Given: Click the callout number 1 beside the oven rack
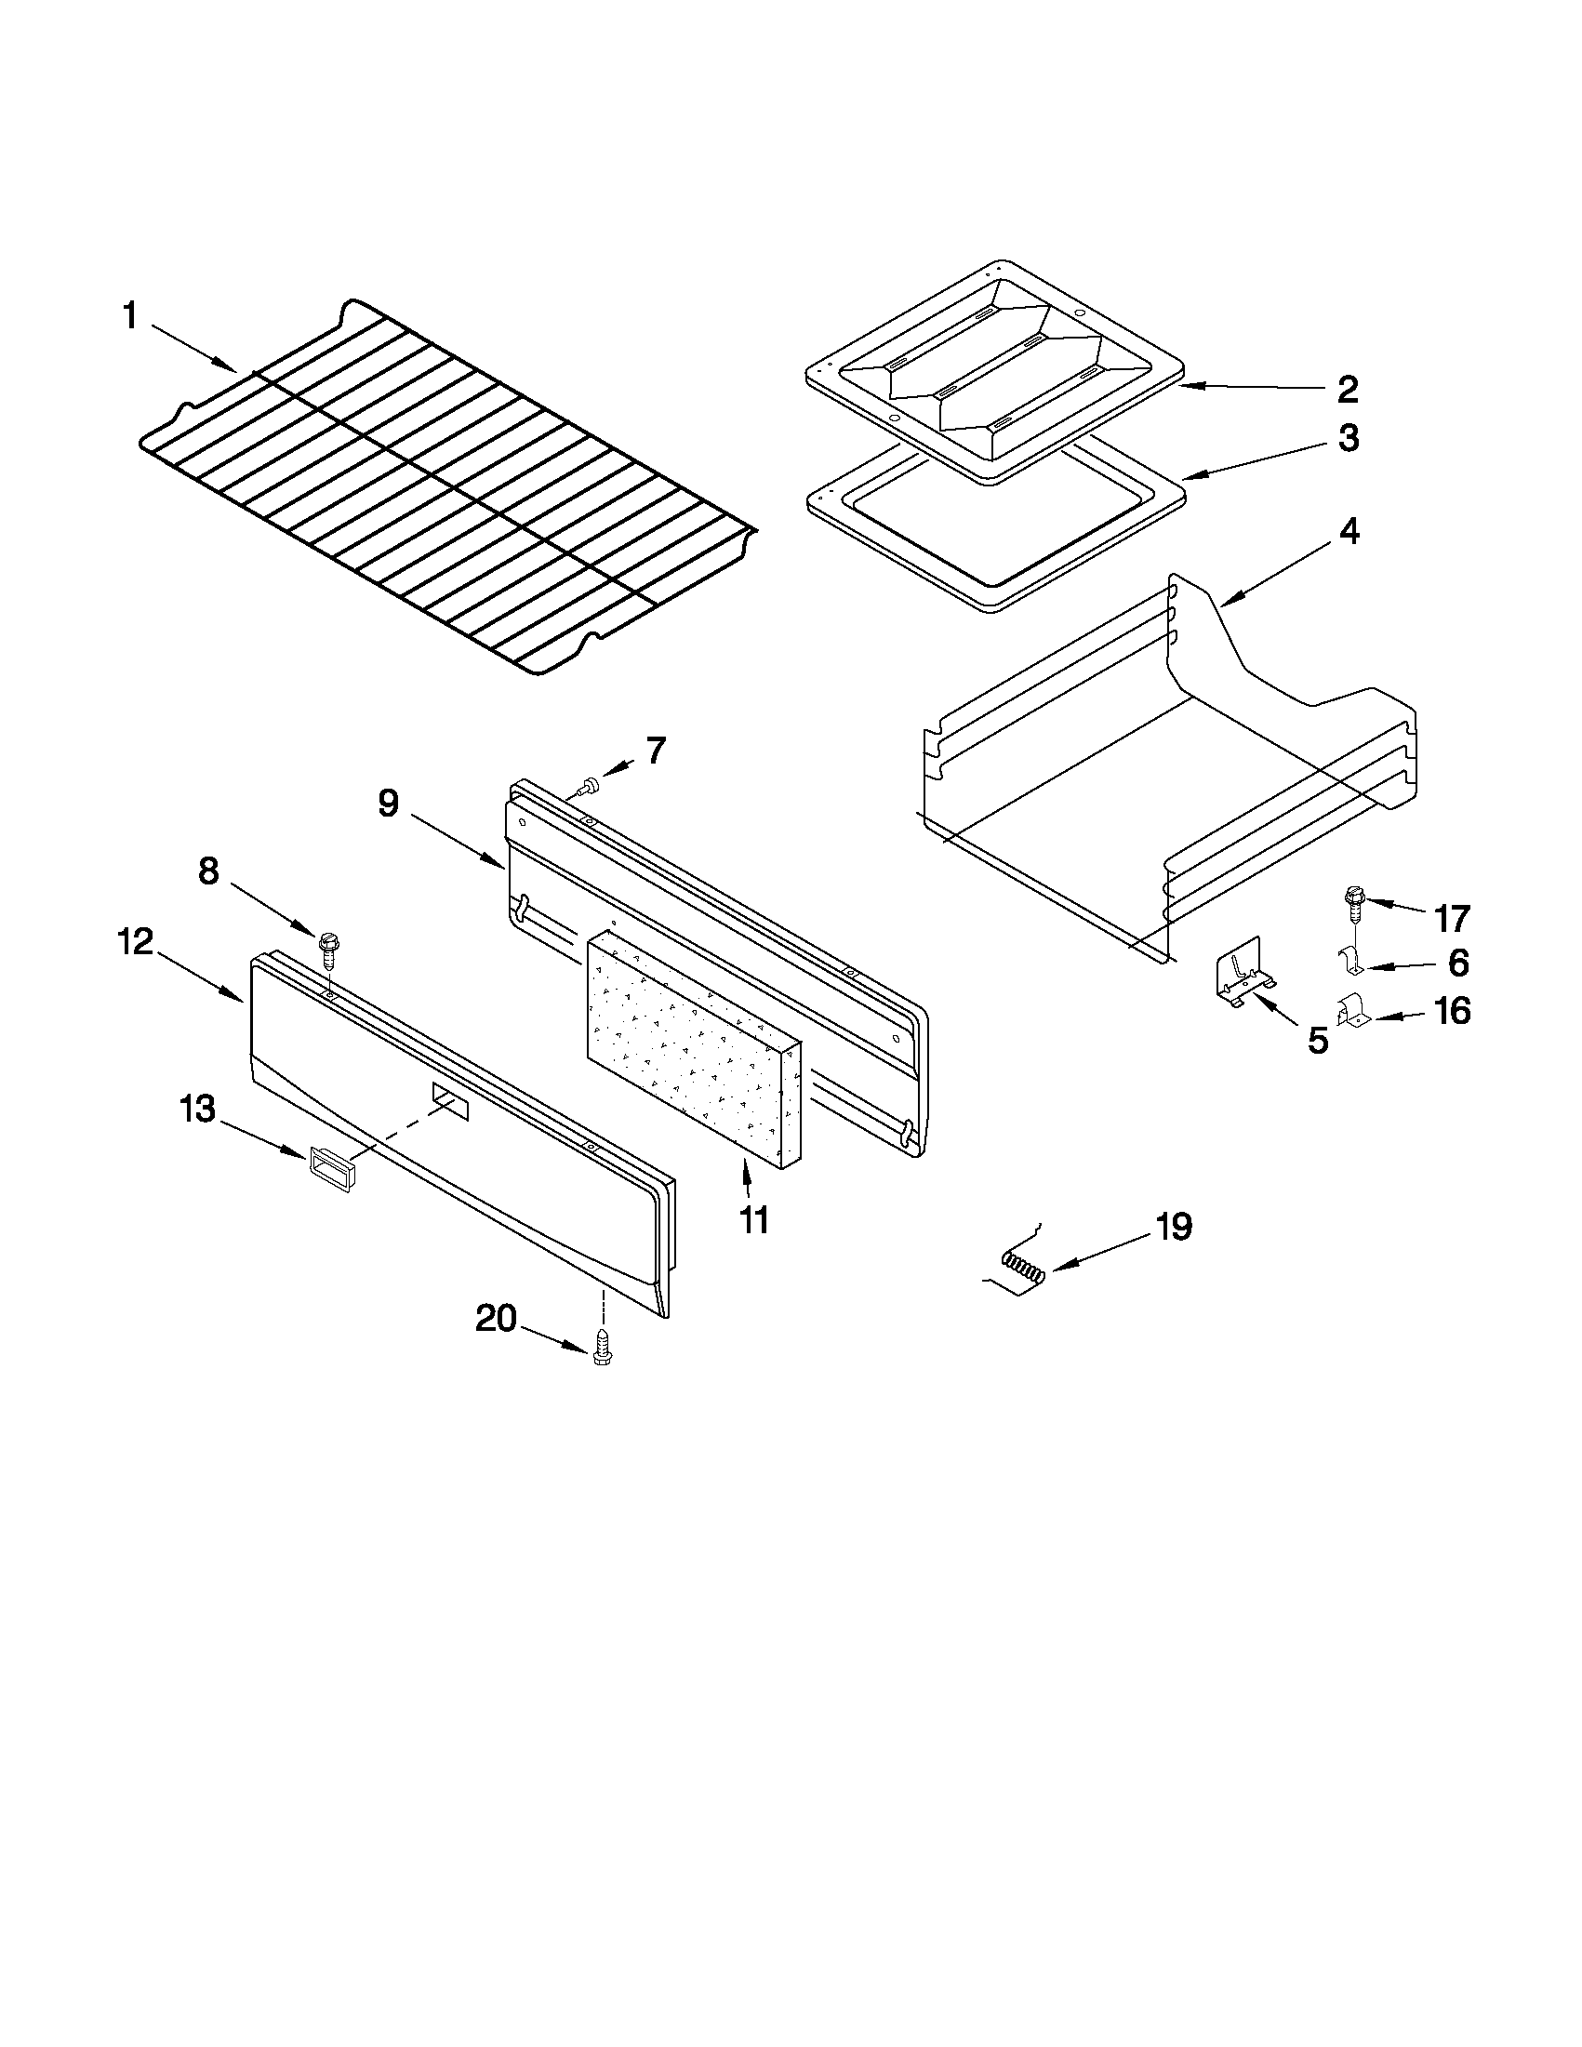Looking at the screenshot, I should (129, 317).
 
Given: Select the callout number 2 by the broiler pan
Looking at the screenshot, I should (1348, 389).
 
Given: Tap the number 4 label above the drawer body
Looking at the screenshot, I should (1348, 531).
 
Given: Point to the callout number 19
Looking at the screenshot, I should (1173, 1226).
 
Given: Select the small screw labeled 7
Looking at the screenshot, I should (590, 787).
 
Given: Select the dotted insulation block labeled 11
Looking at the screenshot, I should (694, 1050).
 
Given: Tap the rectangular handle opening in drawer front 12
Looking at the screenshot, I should (450, 1099).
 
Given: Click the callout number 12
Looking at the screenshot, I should (136, 942).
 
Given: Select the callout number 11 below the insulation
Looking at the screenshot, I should (752, 1219).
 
